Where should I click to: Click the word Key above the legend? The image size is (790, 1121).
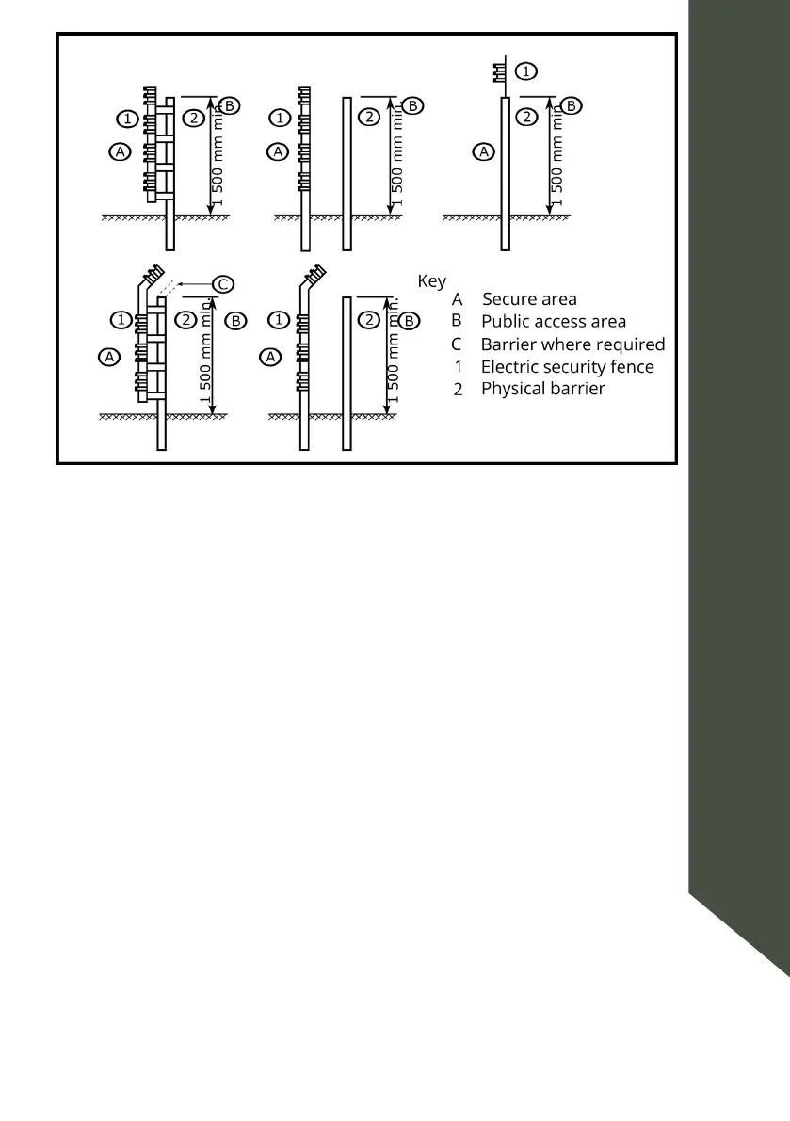click(431, 281)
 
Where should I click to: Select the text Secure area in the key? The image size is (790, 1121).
click(529, 300)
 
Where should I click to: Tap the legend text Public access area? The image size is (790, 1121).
click(553, 321)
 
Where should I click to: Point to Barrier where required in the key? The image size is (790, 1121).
click(572, 344)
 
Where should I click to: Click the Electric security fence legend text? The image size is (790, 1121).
click(567, 367)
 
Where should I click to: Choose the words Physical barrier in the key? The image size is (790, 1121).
click(542, 388)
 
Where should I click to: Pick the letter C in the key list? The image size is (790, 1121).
click(457, 344)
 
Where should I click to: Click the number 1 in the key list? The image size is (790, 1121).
click(458, 367)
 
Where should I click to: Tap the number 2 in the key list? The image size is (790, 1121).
click(458, 389)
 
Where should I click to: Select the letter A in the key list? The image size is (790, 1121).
click(458, 300)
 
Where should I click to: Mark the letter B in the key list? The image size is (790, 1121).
click(457, 321)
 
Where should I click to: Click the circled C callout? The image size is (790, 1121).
click(222, 283)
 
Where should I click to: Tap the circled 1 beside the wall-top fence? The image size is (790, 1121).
click(528, 71)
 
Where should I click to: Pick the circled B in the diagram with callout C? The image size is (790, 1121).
click(236, 320)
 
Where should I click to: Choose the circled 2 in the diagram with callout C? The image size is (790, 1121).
click(186, 320)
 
